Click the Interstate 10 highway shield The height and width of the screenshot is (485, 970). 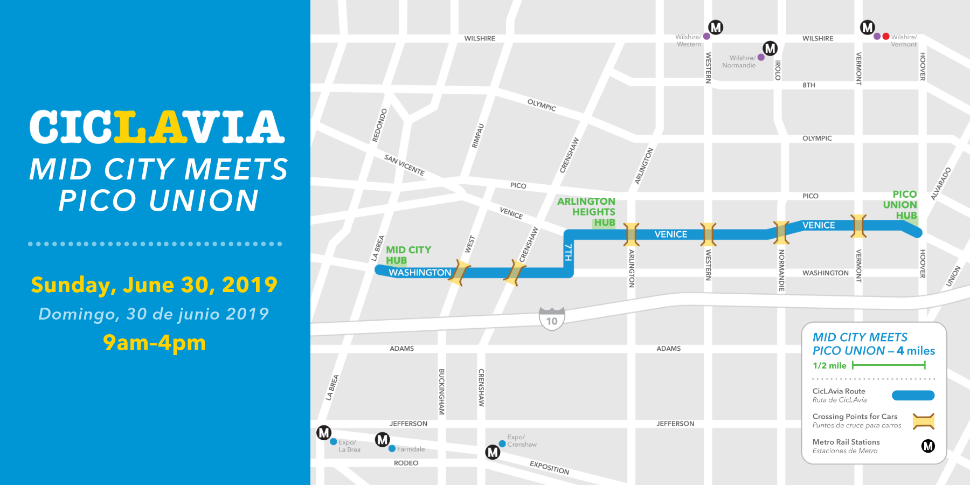[552, 319]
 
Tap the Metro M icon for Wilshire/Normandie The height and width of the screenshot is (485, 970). [770, 48]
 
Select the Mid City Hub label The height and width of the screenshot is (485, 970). [408, 255]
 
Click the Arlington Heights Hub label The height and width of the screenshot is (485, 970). [587, 212]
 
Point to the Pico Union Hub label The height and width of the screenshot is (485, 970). [900, 205]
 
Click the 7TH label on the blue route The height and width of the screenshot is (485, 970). [568, 252]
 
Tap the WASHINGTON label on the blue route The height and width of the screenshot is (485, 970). [420, 273]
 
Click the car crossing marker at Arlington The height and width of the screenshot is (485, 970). [631, 234]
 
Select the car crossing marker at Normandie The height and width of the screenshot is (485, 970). [780, 232]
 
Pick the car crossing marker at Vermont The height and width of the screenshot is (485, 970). [858, 226]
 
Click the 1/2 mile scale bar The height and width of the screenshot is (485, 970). [889, 365]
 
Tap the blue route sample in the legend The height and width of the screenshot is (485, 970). [913, 396]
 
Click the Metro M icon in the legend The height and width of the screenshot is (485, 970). [928, 446]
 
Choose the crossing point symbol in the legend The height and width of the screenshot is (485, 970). [923, 421]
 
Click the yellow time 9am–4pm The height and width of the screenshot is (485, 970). [155, 343]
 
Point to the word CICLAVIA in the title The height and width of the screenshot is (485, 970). [157, 128]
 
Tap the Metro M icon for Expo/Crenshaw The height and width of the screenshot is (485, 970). [493, 452]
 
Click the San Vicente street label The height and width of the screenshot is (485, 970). [404, 165]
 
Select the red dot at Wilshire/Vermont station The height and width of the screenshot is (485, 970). [886, 37]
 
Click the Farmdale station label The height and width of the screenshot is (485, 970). [411, 449]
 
